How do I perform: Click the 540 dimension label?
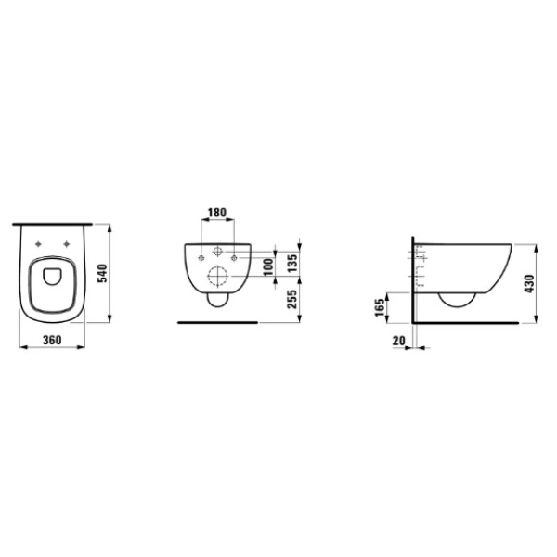pos(102,273)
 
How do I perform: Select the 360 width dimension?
pos(52,340)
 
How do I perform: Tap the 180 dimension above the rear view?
pos(217,213)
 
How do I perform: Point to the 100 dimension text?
pos(269,266)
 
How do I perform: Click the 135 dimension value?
pos(292,264)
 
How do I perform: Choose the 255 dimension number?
pos(292,300)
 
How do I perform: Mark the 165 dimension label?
pos(380,307)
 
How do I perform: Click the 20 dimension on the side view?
pos(398,341)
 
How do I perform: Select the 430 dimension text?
pos(529,283)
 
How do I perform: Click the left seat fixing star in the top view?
pos(38,244)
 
